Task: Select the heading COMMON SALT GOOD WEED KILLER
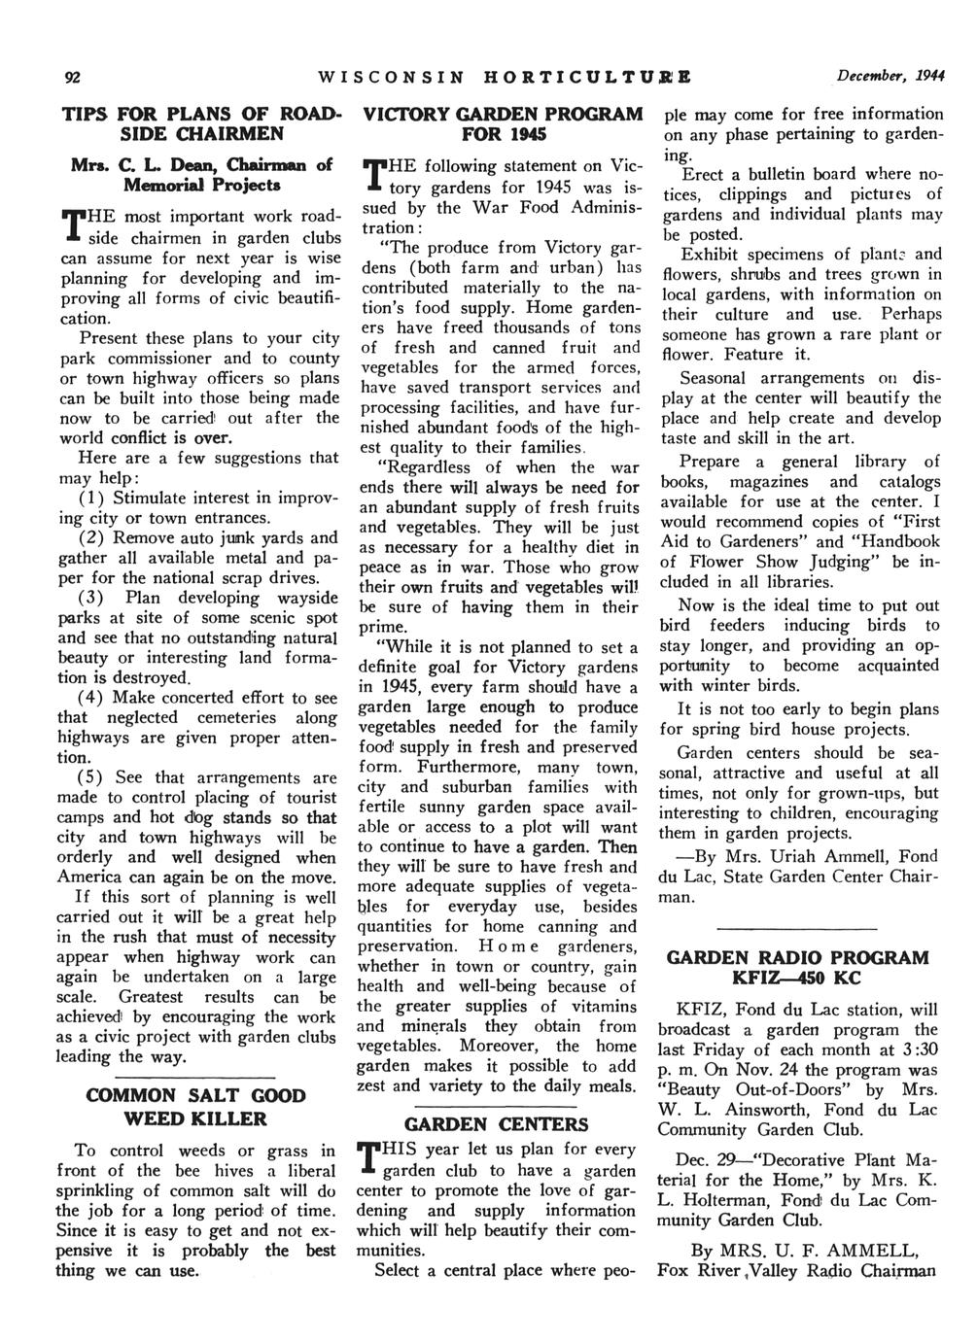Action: (196, 1107)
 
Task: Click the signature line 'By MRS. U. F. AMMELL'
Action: (803, 1250)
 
